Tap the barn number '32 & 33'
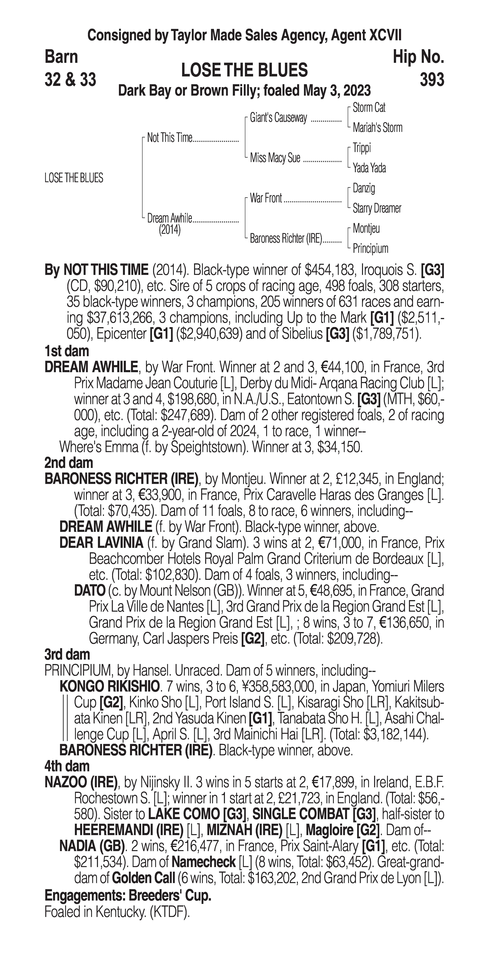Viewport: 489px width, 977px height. click(70, 80)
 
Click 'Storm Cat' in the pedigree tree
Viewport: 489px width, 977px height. click(369, 108)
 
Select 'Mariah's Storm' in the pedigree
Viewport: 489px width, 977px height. click(377, 128)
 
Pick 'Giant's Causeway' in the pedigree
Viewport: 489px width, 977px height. click(278, 118)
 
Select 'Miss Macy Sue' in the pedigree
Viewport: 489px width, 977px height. click(275, 158)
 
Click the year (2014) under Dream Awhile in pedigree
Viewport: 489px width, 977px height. click(169, 230)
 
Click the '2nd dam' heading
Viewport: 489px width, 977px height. click(69, 463)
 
